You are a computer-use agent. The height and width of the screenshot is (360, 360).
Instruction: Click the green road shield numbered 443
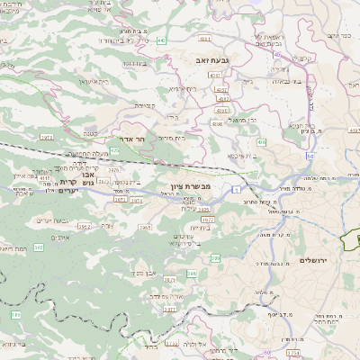tap(161, 40)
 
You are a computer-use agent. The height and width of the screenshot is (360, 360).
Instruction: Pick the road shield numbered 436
tap(261, 142)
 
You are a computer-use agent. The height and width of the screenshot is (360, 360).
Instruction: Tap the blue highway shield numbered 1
tap(234, 189)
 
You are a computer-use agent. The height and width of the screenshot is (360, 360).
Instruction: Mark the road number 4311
tap(204, 39)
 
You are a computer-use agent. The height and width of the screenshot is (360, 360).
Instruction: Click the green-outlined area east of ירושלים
tap(352, 239)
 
